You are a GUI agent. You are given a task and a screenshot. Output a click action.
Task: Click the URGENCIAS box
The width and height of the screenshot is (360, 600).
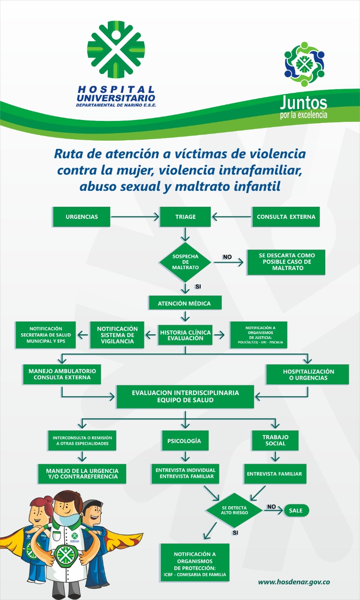(82, 217)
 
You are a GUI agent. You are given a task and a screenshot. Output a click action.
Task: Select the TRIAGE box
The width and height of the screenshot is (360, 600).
(185, 217)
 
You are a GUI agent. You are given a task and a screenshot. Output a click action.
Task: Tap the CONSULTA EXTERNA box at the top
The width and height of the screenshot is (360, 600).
(286, 217)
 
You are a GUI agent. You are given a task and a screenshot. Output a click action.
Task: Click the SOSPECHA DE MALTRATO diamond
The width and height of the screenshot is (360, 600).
(185, 262)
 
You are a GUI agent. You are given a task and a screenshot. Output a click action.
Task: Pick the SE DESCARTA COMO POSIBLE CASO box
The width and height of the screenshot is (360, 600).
(286, 262)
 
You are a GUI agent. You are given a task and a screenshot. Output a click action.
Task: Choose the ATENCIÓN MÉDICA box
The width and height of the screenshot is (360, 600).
(185, 303)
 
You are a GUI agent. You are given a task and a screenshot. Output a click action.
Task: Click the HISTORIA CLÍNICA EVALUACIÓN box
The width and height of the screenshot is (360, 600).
(185, 335)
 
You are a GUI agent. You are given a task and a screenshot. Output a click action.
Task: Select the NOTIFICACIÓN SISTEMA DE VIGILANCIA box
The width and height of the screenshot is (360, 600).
(117, 335)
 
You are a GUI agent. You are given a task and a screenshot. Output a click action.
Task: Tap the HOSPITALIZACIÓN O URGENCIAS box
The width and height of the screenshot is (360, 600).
(307, 374)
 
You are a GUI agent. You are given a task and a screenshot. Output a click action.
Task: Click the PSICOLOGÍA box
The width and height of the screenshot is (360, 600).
(185, 441)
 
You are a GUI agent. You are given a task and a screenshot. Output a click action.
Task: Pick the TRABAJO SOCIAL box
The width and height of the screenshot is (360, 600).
(275, 440)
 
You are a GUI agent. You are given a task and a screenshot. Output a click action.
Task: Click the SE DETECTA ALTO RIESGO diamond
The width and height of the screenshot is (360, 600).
(234, 510)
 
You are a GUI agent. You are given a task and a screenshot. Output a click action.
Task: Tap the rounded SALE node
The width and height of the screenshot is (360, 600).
(296, 510)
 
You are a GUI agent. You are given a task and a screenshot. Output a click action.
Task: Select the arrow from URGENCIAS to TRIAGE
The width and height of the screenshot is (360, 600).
(135, 217)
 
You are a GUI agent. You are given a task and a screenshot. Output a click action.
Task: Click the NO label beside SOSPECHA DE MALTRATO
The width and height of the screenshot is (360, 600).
(227, 257)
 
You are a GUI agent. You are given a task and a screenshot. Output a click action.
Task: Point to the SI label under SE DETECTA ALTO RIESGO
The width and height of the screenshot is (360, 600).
(235, 533)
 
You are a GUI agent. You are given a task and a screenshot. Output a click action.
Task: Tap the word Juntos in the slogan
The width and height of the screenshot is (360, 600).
(303, 103)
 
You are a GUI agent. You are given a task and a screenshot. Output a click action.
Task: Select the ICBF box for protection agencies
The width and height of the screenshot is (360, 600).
(195, 562)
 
